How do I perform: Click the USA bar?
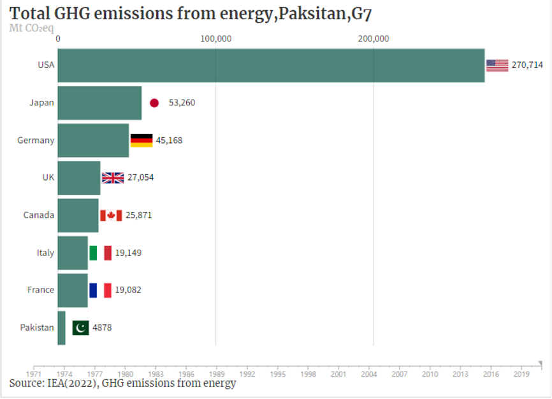pyautogui.click(x=271, y=65)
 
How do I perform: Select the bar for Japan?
pyautogui.click(x=99, y=103)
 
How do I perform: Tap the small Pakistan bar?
pyautogui.click(x=62, y=327)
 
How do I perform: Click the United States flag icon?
pyautogui.click(x=497, y=65)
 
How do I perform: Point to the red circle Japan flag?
pyautogui.click(x=154, y=103)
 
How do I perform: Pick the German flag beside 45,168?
pyautogui.click(x=142, y=140)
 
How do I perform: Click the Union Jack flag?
pyautogui.click(x=113, y=177)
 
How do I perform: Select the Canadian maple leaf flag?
pyautogui.click(x=111, y=215)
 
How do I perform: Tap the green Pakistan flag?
pyautogui.click(x=80, y=327)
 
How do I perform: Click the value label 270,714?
pyautogui.click(x=527, y=65)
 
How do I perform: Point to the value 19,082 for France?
pyautogui.click(x=128, y=290)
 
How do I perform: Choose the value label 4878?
pyautogui.click(x=102, y=327)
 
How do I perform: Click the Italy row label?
pyautogui.click(x=45, y=253)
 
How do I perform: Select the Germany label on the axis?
pyautogui.click(x=36, y=140)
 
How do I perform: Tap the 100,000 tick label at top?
pyautogui.click(x=215, y=38)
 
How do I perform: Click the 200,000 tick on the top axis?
pyautogui.click(x=373, y=38)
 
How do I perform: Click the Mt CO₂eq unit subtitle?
pyautogui.click(x=31, y=28)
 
